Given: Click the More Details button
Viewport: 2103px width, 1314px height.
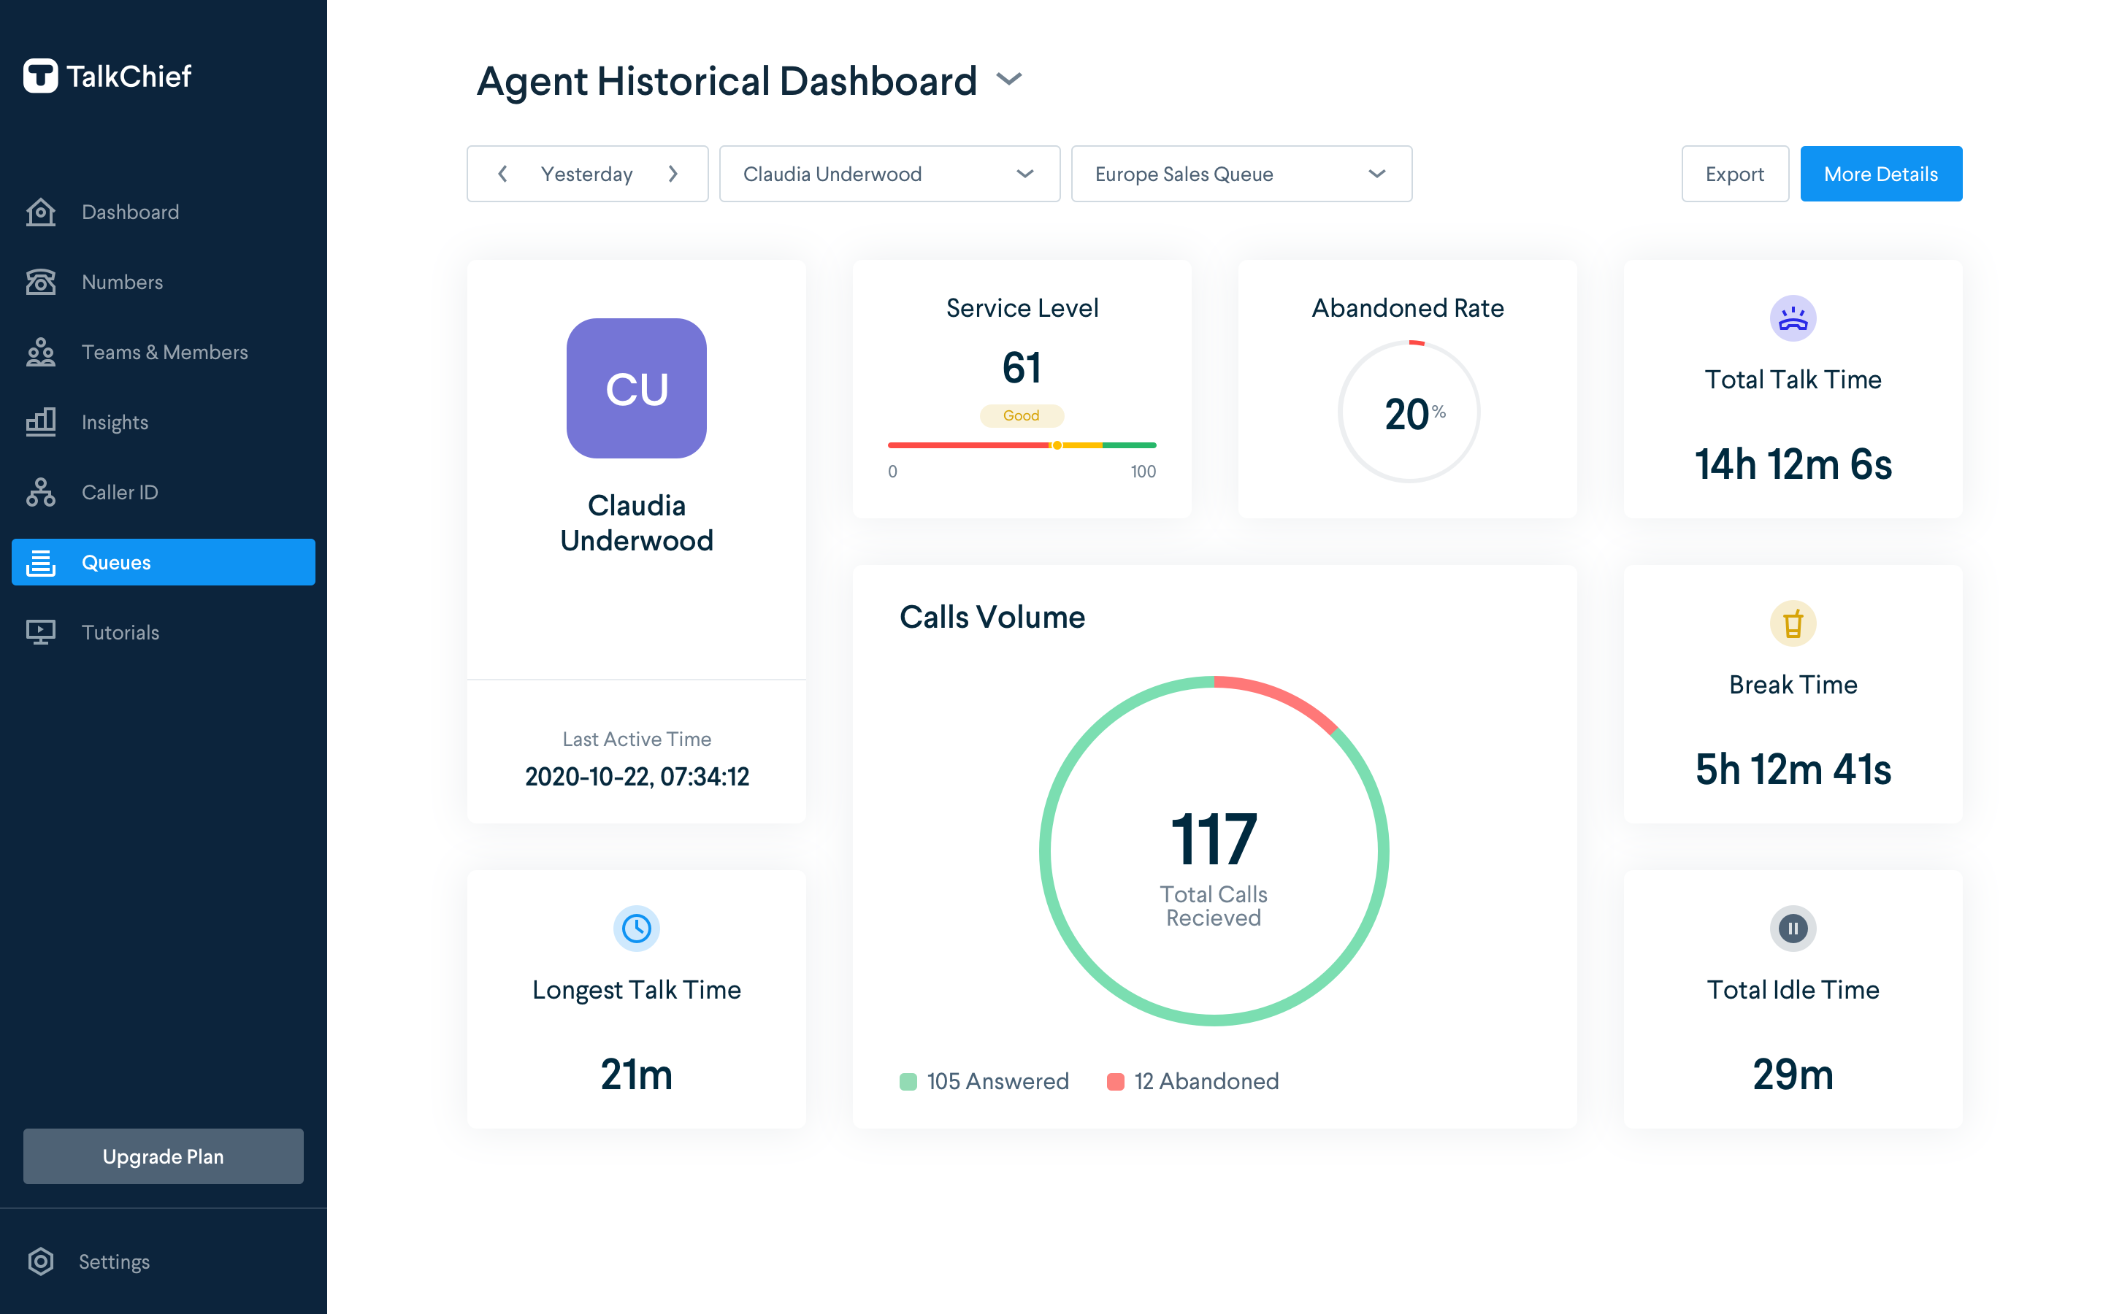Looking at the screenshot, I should (1880, 174).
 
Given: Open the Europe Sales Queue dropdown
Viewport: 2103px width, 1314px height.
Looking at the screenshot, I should (1240, 174).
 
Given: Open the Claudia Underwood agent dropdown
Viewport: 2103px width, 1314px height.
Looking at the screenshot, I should (888, 174).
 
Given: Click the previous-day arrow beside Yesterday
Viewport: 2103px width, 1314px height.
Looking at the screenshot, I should (502, 174).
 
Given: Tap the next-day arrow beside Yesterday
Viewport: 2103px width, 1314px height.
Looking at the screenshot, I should (673, 174).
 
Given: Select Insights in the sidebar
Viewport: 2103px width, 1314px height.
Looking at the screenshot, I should (115, 423).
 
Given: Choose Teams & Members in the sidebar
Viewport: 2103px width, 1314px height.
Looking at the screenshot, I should (164, 352).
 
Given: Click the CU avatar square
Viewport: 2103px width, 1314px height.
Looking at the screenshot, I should (636, 388).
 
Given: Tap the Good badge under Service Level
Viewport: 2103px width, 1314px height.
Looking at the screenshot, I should (1021, 415).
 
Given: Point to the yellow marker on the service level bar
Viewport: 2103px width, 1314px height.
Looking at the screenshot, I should (1057, 445).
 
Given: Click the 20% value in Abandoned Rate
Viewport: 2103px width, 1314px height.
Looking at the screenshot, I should (1409, 414).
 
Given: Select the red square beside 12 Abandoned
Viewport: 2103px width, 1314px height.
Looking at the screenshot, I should (1115, 1081).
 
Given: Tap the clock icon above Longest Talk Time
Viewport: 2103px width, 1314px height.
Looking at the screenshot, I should (636, 928).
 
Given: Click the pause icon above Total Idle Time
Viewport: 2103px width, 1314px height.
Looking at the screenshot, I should (1792, 928).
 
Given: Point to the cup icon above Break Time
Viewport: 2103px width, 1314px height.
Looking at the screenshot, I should (1792, 623).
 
